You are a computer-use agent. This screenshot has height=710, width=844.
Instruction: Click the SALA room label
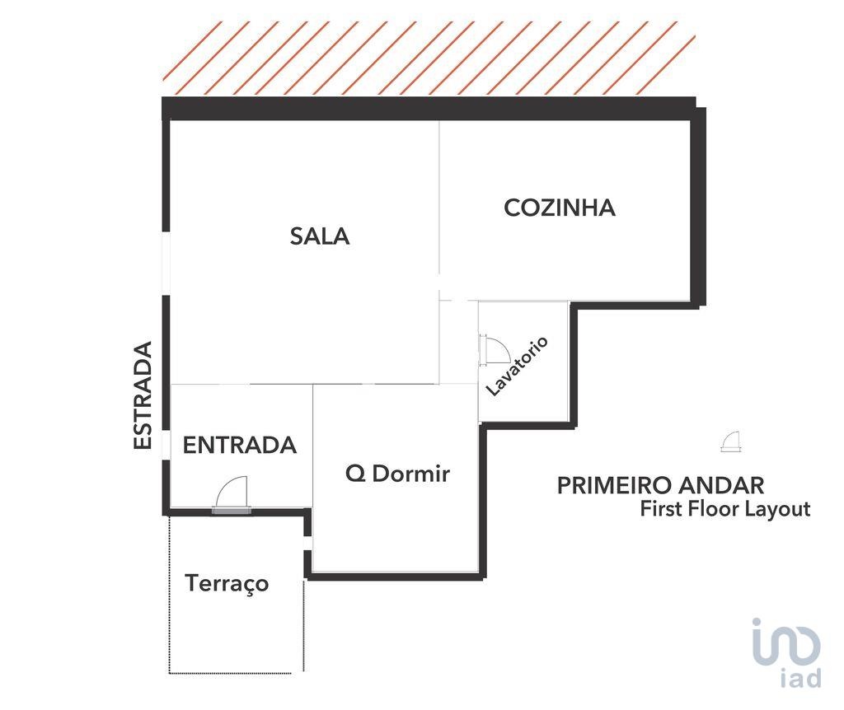click(320, 236)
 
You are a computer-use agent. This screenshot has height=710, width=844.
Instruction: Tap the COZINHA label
click(560, 208)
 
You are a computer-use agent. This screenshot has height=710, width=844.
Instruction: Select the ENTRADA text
click(240, 446)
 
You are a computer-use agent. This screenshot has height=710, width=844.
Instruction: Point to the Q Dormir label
click(397, 474)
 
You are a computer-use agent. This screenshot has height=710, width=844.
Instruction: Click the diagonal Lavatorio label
click(517, 366)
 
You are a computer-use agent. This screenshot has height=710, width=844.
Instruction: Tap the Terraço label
click(227, 584)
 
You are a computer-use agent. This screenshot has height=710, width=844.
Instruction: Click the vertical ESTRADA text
click(143, 395)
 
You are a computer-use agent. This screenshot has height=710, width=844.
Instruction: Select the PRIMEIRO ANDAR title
click(660, 486)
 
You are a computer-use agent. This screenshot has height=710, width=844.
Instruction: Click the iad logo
click(786, 652)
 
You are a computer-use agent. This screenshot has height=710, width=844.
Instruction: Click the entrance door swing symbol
click(232, 494)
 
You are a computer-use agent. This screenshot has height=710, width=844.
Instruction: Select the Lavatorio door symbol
click(495, 350)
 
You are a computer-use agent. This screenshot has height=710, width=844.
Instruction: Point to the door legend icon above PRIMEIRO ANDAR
click(731, 441)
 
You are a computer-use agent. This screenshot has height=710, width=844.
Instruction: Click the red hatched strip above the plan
click(429, 58)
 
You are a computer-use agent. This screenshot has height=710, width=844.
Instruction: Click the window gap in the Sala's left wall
click(166, 264)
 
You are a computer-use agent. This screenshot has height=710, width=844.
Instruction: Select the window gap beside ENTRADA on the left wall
click(166, 446)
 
